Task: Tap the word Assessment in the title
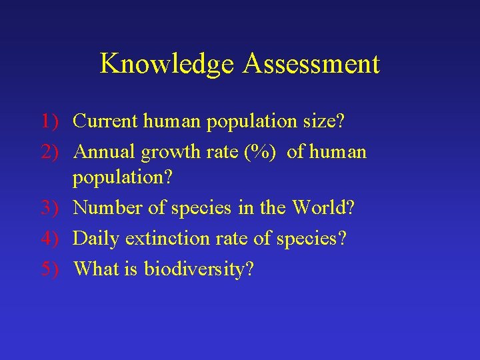[x=311, y=64]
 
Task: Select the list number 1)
[x=51, y=121]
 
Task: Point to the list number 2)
[x=51, y=152]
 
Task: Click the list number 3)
[x=51, y=207]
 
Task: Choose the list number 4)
[x=51, y=238]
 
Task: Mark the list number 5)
[x=51, y=269]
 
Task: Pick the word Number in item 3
[x=106, y=207]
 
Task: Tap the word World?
[x=323, y=207]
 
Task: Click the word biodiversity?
[x=199, y=269]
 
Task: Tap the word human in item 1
[x=171, y=121]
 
